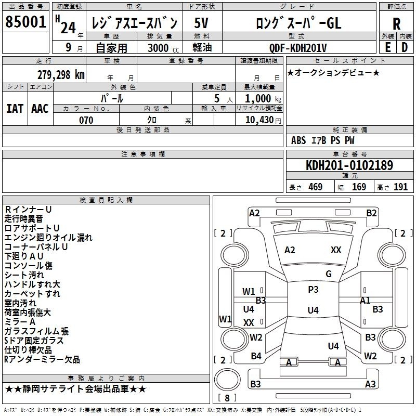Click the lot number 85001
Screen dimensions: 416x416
[x=25, y=22]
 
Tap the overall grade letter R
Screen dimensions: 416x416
[x=396, y=24]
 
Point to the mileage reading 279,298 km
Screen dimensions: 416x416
[x=61, y=75]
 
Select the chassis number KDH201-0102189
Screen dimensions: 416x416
[x=349, y=165]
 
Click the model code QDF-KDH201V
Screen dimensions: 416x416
[x=298, y=48]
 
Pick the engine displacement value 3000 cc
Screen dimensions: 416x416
[x=163, y=48]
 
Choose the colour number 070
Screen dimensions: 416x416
[x=86, y=120]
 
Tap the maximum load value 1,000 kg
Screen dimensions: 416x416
[x=263, y=99]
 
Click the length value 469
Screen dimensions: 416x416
[x=316, y=187]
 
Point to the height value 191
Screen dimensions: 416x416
[x=400, y=187]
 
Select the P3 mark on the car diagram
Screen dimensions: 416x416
[x=313, y=290]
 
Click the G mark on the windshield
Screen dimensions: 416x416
[x=329, y=274]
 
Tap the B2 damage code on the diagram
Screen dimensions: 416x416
[x=371, y=213]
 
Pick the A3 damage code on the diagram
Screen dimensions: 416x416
[x=370, y=384]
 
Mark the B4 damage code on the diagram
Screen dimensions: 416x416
[x=256, y=356]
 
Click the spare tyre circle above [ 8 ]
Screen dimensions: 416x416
[x=227, y=379]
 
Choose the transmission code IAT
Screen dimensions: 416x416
[x=15, y=109]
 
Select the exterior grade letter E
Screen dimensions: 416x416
[x=388, y=47]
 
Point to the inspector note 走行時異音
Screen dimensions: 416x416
[x=23, y=219]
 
